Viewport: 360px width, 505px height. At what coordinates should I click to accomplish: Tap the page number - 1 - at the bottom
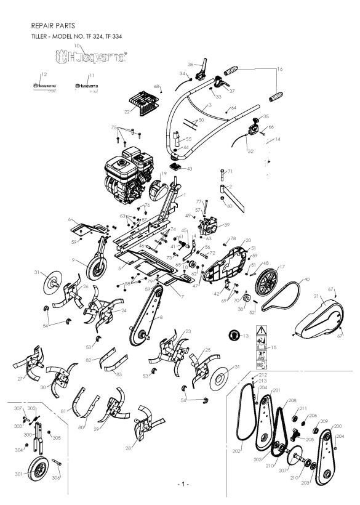pyautogui.click(x=183, y=485)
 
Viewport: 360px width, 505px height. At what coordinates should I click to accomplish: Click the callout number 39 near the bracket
pyautogui.click(x=226, y=225)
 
